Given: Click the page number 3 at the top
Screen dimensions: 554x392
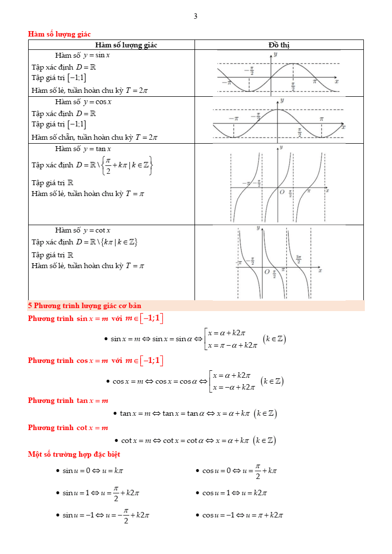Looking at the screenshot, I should point(196,16).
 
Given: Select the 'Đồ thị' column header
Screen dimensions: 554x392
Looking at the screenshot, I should point(279,45).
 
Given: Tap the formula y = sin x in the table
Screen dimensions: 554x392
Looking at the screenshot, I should point(96,55).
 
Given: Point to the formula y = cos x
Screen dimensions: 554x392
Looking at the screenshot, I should point(97,102).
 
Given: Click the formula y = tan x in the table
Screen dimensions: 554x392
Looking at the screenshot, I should point(97,149).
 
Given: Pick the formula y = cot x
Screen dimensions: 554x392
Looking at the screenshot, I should point(97,230).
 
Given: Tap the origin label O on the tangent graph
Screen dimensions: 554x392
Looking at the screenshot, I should point(282,192).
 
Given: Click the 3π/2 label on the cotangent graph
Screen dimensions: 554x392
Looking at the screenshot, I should point(299,258).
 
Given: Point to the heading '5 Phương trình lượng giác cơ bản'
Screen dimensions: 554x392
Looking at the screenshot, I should point(84,306).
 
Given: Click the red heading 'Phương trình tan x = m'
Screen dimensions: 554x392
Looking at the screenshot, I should point(68,400).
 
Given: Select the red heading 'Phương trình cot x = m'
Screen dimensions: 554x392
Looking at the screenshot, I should point(68,428).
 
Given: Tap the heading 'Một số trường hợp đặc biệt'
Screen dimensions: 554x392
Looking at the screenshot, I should point(74,454).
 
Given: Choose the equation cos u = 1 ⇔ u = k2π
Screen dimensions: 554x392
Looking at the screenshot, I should point(235,493).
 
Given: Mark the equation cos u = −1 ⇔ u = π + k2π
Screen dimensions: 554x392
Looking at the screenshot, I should point(242,515).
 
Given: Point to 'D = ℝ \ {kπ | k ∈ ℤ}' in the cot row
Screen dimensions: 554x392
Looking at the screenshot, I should point(106,242).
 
